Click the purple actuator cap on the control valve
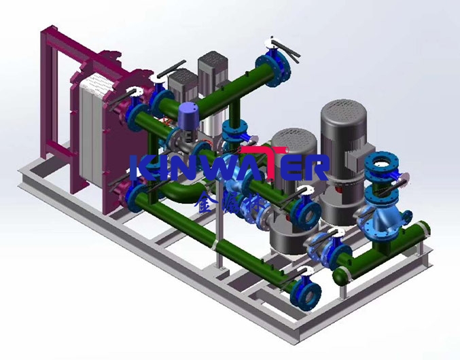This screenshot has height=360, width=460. coord(187,111)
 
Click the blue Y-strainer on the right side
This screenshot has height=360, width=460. coord(384,217)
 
